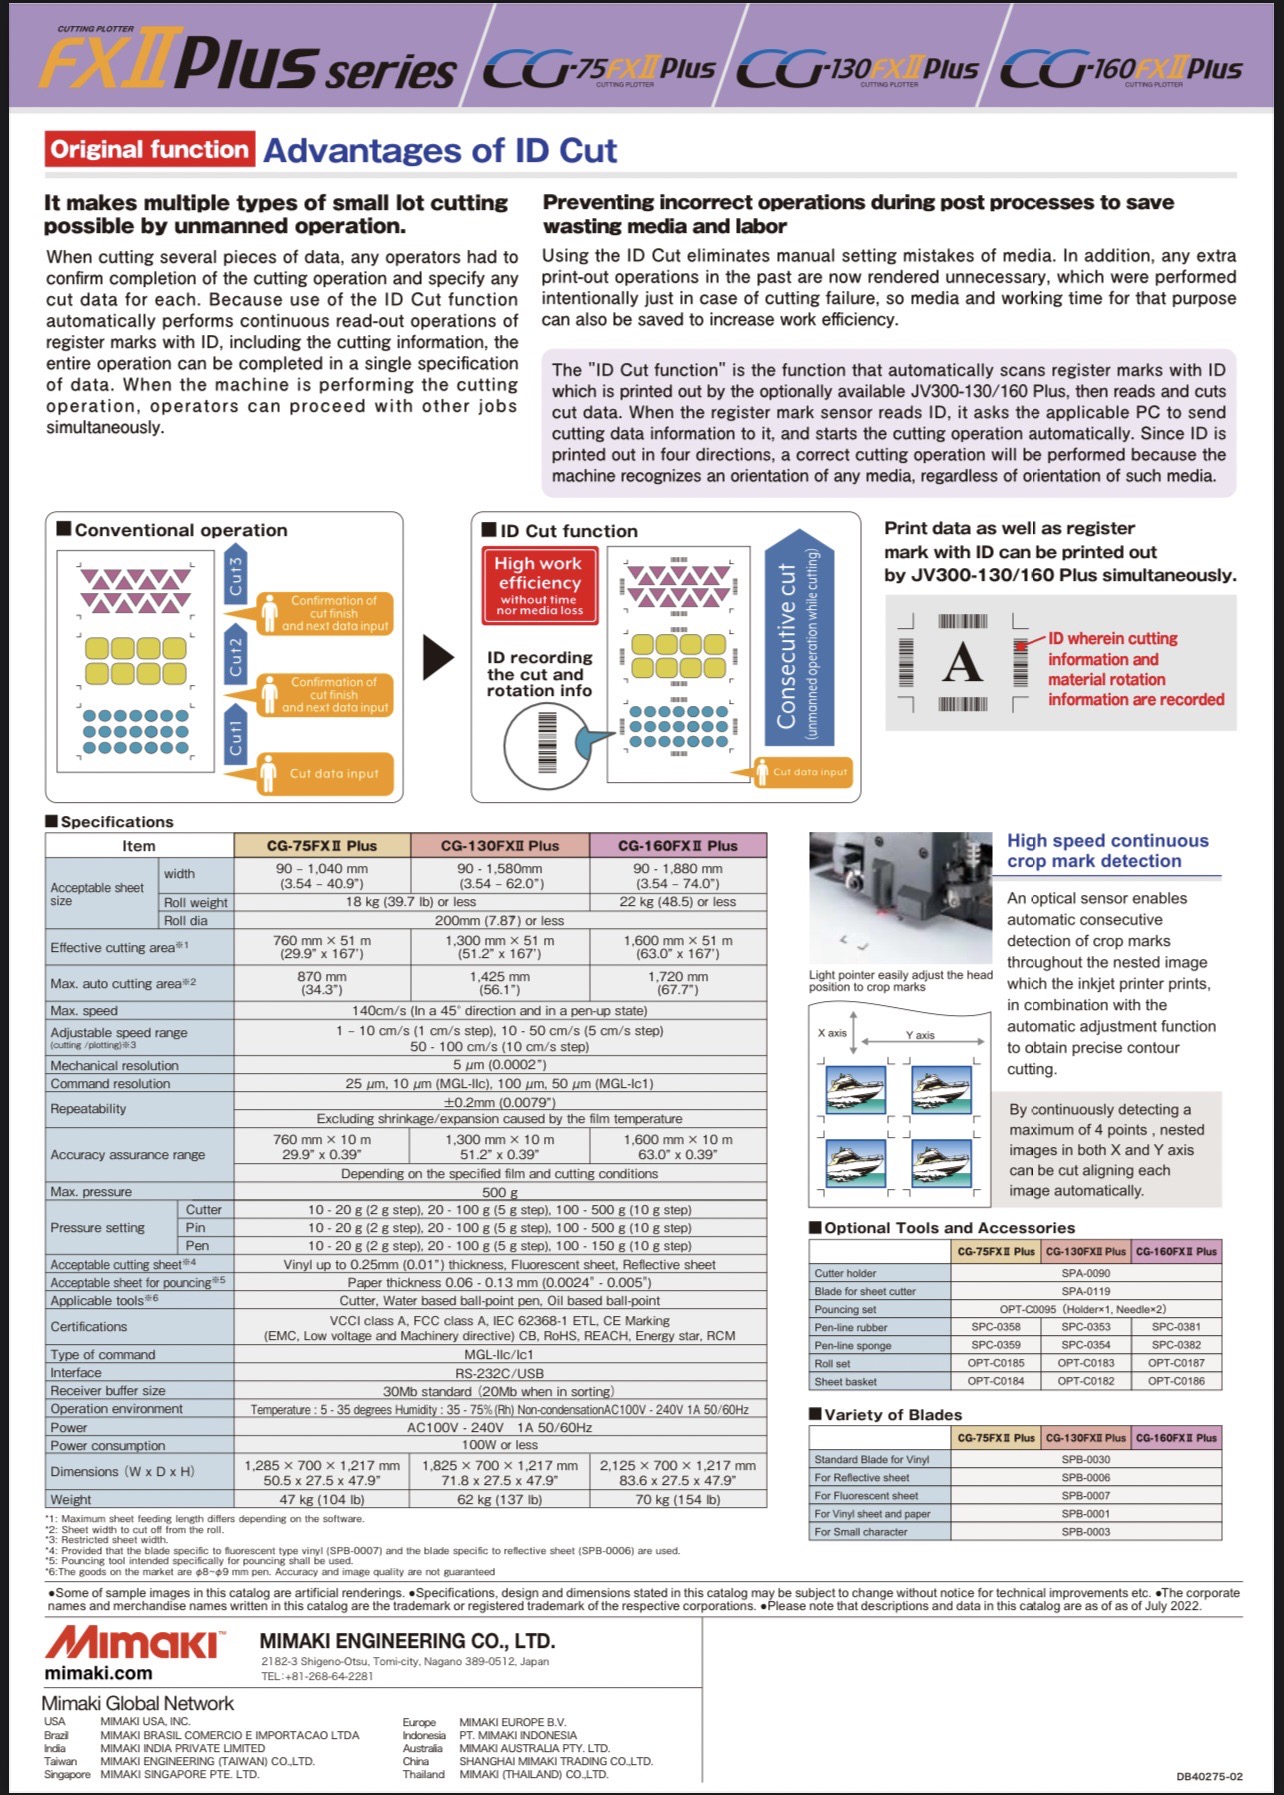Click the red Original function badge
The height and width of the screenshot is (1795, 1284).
[x=150, y=150]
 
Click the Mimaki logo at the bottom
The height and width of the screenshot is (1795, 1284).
[x=134, y=1642]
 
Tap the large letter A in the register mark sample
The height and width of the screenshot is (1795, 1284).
[x=961, y=662]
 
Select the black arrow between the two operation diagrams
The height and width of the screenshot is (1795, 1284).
[x=437, y=657]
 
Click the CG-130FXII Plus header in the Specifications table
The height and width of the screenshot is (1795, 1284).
[x=500, y=845]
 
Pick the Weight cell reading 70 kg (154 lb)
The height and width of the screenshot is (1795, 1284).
[x=678, y=1499]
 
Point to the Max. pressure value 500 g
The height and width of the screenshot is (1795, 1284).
[x=500, y=1191]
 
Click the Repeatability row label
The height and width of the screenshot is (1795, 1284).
[x=89, y=1108]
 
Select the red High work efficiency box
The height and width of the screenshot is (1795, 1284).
[x=540, y=584]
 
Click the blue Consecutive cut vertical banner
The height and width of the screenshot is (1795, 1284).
[x=798, y=644]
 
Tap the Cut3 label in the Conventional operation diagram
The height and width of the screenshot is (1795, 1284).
[x=236, y=577]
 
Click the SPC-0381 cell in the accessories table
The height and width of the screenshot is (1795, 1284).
[x=1176, y=1326]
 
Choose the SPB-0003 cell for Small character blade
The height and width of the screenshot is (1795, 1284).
[x=1086, y=1531]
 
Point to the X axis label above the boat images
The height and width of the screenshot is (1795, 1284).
[x=832, y=1033]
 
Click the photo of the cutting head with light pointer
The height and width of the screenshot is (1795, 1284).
[x=900, y=899]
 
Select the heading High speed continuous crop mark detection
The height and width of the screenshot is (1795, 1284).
[x=1107, y=851]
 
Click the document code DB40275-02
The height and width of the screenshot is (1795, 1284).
[x=1209, y=1776]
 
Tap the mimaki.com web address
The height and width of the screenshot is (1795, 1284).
[x=98, y=1673]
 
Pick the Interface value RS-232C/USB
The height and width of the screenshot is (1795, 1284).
[x=500, y=1373]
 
